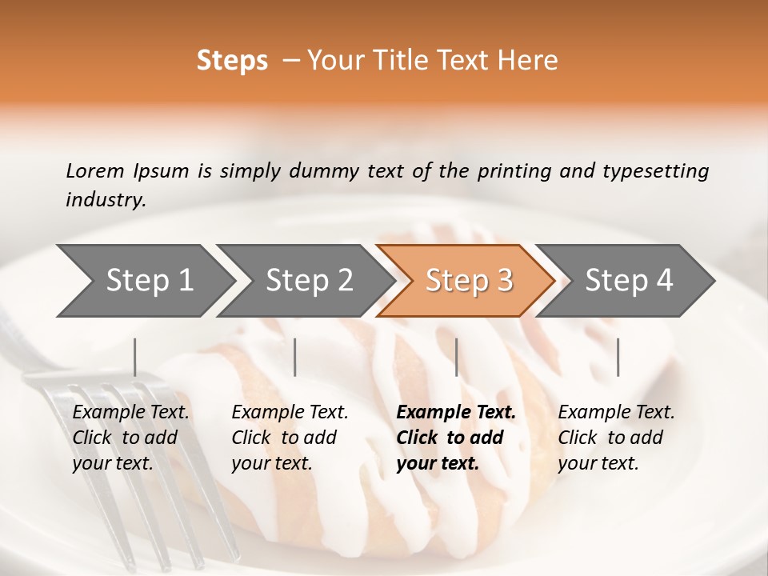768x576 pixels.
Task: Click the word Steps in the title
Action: pyautogui.click(x=232, y=61)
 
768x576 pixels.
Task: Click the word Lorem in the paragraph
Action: pyautogui.click(x=94, y=170)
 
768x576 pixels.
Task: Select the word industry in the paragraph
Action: pyautogui.click(x=105, y=200)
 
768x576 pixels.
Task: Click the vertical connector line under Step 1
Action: pyautogui.click(x=134, y=357)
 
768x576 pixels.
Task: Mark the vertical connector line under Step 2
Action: pyautogui.click(x=295, y=357)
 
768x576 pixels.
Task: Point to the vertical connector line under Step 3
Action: pyautogui.click(x=456, y=357)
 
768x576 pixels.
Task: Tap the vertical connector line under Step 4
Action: pyautogui.click(x=618, y=357)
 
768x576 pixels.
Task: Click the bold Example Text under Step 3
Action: pyautogui.click(x=456, y=413)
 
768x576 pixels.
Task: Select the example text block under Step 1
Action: pyautogui.click(x=130, y=438)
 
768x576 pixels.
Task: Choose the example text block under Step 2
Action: pyautogui.click(x=290, y=438)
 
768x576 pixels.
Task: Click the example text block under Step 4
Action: pyautogui.click(x=616, y=438)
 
